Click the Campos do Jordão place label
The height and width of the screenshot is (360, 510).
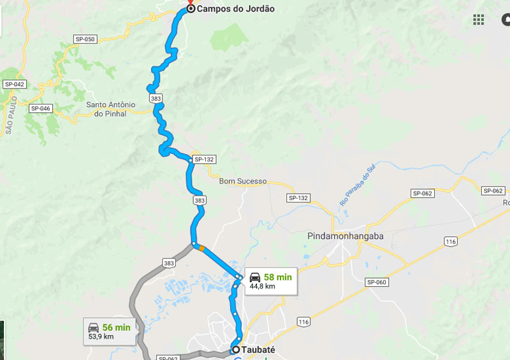coord(235,9)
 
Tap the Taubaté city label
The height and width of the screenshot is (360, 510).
coord(258,349)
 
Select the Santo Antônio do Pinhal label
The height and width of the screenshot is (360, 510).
coord(111,109)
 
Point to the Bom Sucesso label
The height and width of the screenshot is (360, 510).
coord(243,181)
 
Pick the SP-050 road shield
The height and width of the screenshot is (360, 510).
coord(85,40)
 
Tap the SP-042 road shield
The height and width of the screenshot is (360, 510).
coord(14,84)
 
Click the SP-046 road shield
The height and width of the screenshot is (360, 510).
coord(40,108)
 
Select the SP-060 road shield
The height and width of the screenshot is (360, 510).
coord(377,282)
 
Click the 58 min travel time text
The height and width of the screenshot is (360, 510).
coord(278,277)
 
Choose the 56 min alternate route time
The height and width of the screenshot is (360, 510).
coord(116,327)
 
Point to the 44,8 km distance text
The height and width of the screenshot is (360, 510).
coord(262,287)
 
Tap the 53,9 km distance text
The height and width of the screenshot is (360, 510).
coord(101,336)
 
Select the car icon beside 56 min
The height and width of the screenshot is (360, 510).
coord(93,327)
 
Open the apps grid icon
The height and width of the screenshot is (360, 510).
coord(478,19)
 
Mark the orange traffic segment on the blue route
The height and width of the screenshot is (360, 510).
coord(201,248)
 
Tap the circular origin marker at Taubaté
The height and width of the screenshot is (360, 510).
coord(236,349)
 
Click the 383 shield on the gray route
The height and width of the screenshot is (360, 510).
coord(168,263)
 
